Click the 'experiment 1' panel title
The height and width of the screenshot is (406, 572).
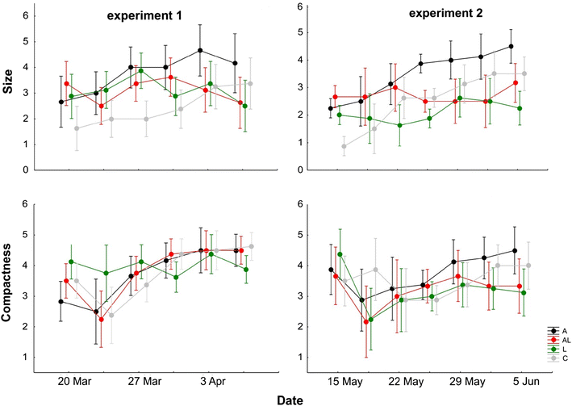(x=145, y=16)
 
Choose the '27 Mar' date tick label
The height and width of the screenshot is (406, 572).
(x=144, y=379)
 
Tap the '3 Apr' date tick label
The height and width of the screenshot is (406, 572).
(x=208, y=379)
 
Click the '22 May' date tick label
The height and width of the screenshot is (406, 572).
(x=407, y=379)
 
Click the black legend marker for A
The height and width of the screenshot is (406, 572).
(x=553, y=331)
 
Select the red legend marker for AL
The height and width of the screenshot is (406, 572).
(x=553, y=340)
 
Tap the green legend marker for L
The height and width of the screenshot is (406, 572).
(x=553, y=349)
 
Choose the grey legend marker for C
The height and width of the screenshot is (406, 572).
(x=553, y=358)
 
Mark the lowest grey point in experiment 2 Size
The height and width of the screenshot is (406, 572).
(x=344, y=146)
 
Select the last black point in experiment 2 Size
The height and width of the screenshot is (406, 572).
(x=511, y=47)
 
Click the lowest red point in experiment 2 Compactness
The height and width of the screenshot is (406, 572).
(x=366, y=322)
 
